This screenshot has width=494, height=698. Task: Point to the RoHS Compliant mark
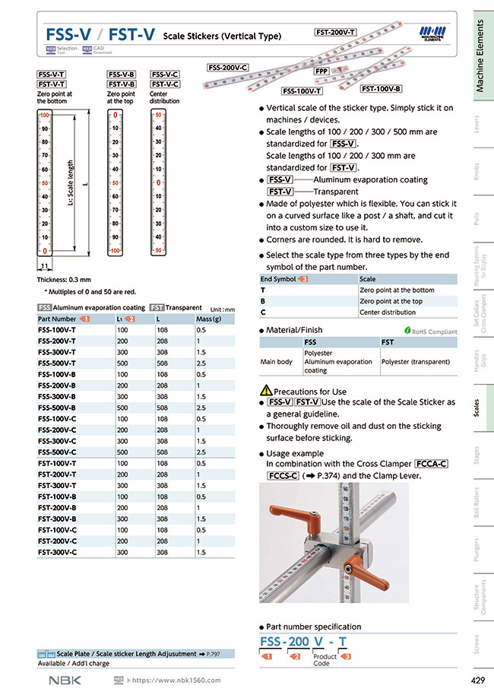point(431,331)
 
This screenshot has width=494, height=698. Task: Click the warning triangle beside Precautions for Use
point(265,391)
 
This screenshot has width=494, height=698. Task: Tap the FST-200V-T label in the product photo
point(335,32)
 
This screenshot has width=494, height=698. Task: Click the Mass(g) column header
point(208,319)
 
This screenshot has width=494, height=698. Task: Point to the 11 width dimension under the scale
point(45,266)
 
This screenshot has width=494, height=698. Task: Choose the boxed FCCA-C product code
point(432,464)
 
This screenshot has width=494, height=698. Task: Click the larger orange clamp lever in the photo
point(293,519)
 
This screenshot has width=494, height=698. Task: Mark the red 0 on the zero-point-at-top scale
point(115,116)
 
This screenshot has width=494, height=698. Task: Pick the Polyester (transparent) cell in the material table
point(415,362)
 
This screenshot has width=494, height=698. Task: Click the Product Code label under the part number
point(325,660)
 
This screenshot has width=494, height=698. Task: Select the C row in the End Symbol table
point(263,312)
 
